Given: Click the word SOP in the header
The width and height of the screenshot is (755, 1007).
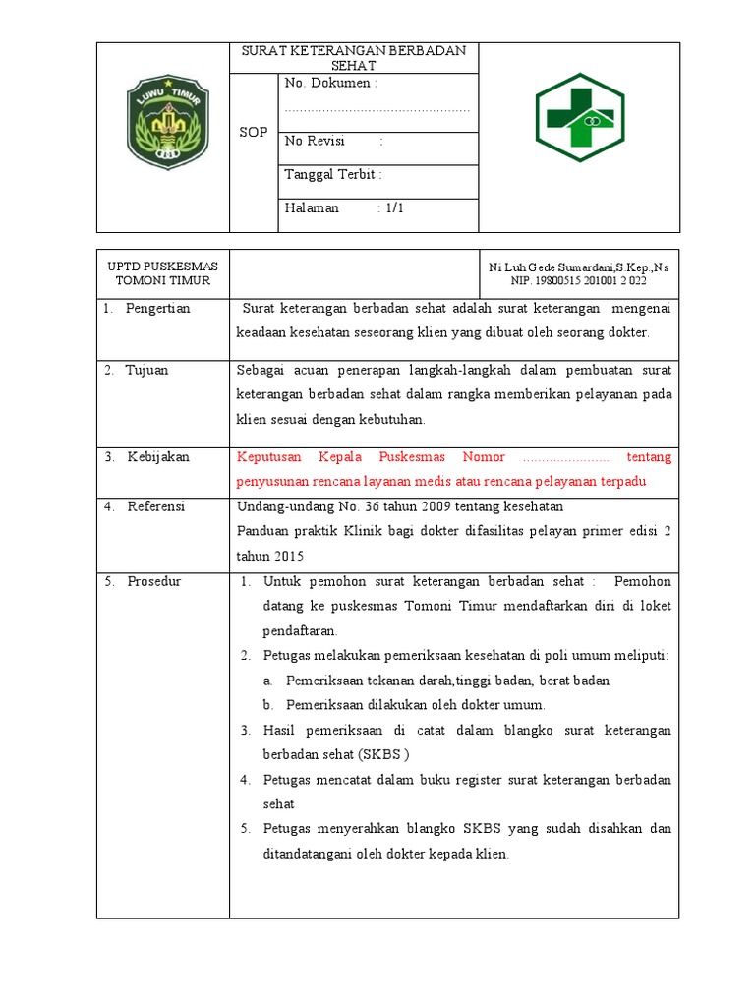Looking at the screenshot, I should point(253,132).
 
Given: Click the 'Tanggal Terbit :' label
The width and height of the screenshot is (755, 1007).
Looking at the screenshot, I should point(333,175).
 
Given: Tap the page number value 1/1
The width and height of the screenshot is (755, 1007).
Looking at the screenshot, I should point(394,208).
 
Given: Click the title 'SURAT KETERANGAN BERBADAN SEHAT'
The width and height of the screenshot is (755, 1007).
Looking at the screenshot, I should point(355,58).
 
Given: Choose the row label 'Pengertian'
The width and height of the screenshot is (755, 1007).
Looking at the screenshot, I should point(157,309).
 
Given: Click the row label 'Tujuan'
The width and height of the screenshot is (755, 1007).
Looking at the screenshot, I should point(146,371).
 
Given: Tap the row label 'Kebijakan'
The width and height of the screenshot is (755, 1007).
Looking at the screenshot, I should point(158,457).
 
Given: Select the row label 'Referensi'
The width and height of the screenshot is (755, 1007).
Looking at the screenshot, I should point(156,507).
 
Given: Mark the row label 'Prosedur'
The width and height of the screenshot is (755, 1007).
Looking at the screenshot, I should point(154,582).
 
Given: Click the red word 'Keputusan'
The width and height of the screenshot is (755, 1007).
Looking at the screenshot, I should point(271,457).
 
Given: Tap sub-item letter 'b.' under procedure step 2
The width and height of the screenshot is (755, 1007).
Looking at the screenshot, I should point(267,705).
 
